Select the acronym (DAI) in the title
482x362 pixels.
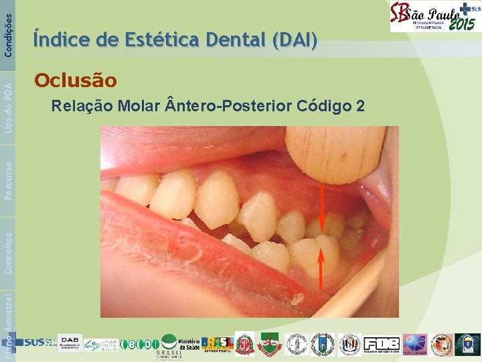coord(294,42)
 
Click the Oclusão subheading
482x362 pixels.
coord(75,81)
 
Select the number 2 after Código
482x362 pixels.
coord(361,105)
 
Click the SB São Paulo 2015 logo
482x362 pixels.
coord(434,16)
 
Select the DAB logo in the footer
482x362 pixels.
coord(70,343)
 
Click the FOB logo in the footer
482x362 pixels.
coord(382,344)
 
